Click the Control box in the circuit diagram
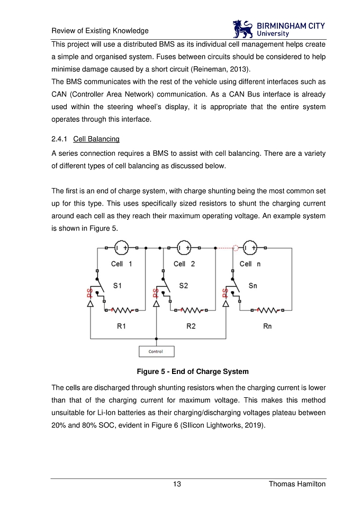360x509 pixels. click(x=156, y=351)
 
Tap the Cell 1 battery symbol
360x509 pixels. click(x=122, y=247)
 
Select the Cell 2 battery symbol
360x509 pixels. click(x=185, y=247)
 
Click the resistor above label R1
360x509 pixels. click(x=121, y=310)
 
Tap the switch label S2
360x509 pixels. click(x=183, y=286)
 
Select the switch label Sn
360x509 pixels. click(x=253, y=286)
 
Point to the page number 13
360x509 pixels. click(x=178, y=485)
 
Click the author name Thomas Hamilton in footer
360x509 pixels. click(x=297, y=485)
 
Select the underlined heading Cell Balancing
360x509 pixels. click(x=96, y=139)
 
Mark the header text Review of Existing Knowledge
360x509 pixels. click(x=100, y=31)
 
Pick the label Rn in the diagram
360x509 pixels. click(x=267, y=326)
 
